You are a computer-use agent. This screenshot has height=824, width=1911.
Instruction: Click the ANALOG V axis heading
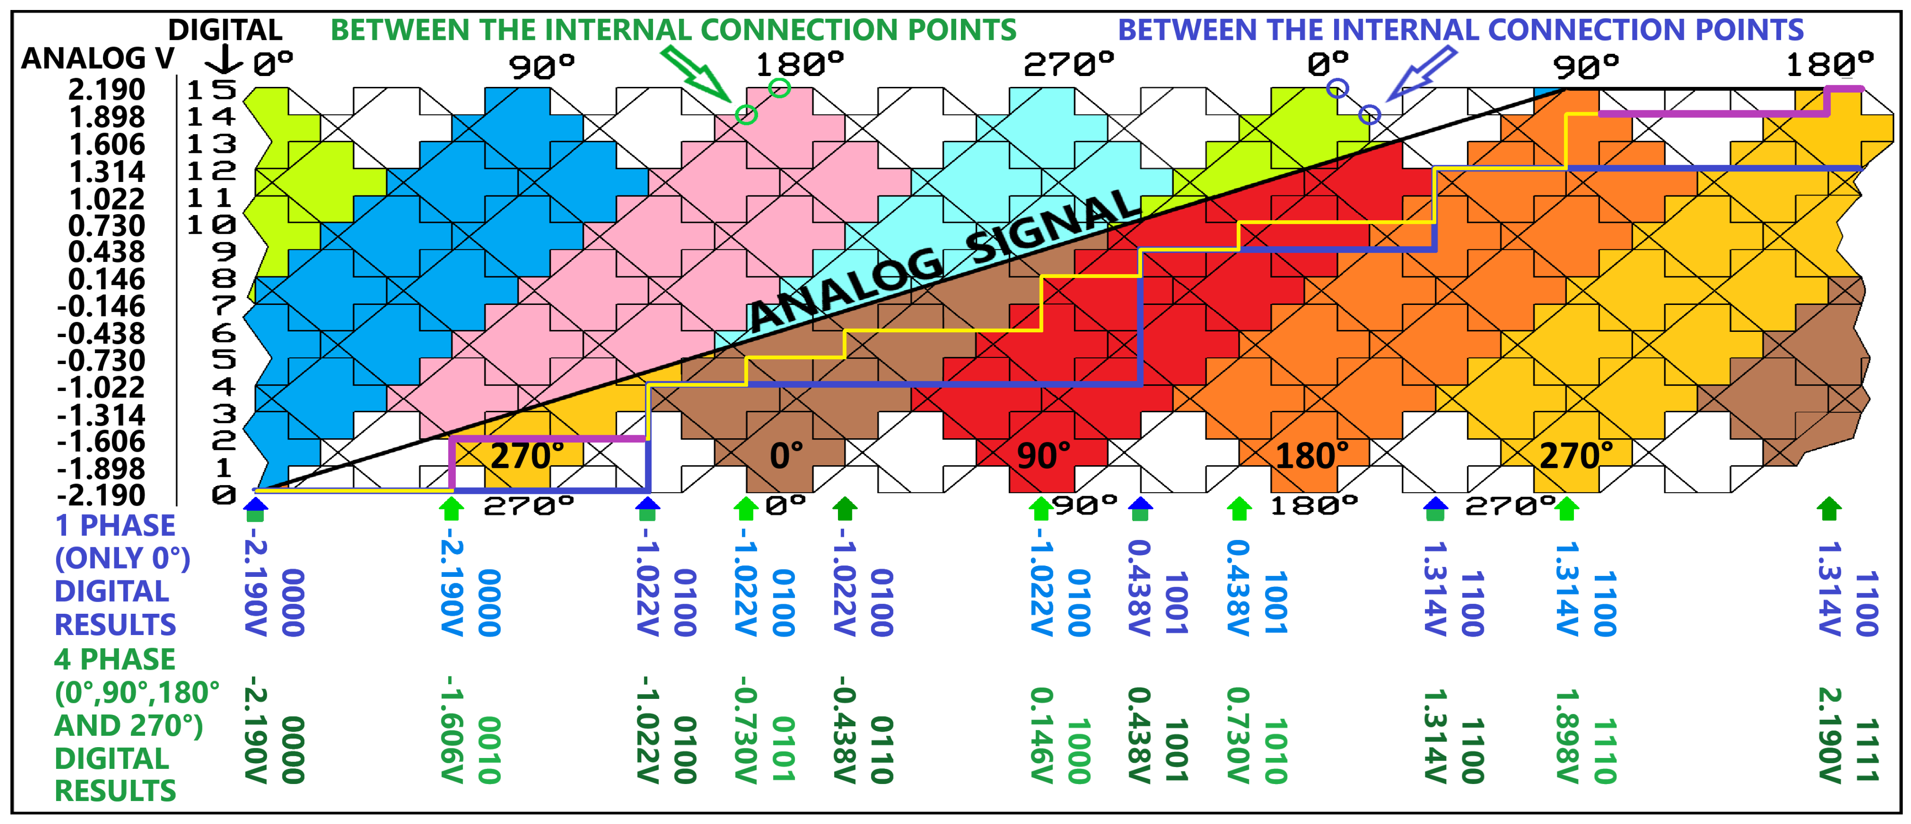click(x=98, y=58)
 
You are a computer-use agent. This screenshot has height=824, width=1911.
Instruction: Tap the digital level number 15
click(x=212, y=90)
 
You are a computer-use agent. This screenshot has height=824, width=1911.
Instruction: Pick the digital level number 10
click(x=212, y=225)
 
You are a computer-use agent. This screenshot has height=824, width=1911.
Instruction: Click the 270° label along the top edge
click(x=1069, y=65)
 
